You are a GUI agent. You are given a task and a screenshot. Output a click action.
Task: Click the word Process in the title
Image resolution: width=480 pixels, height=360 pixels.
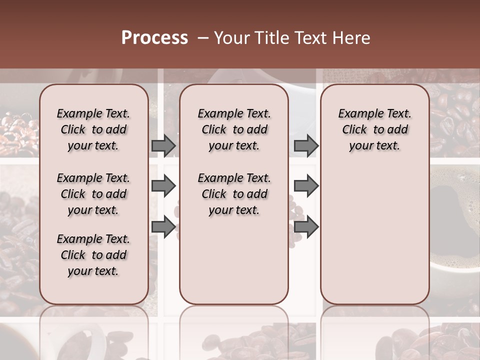click(154, 38)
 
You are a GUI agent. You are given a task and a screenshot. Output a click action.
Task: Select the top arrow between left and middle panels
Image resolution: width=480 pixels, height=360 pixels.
click(163, 145)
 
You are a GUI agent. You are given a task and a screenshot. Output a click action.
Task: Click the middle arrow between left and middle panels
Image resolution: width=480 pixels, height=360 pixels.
click(163, 186)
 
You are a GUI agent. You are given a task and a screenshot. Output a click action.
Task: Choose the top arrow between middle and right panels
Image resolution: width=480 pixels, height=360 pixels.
click(306, 145)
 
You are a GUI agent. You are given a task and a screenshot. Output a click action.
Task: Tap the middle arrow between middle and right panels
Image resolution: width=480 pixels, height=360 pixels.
click(306, 186)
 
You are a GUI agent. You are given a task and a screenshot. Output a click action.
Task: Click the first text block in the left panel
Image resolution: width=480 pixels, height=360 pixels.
click(93, 129)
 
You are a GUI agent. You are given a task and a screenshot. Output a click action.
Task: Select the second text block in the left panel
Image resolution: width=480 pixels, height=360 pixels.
click(93, 194)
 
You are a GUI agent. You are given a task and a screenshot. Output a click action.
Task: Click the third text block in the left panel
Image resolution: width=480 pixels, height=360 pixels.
click(93, 255)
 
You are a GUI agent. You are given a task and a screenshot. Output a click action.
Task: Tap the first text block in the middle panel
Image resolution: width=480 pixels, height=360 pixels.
click(234, 129)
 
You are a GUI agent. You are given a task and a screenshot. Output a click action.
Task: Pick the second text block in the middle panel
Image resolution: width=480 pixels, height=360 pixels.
click(234, 194)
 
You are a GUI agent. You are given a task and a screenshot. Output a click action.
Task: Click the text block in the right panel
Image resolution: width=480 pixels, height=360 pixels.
click(375, 129)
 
